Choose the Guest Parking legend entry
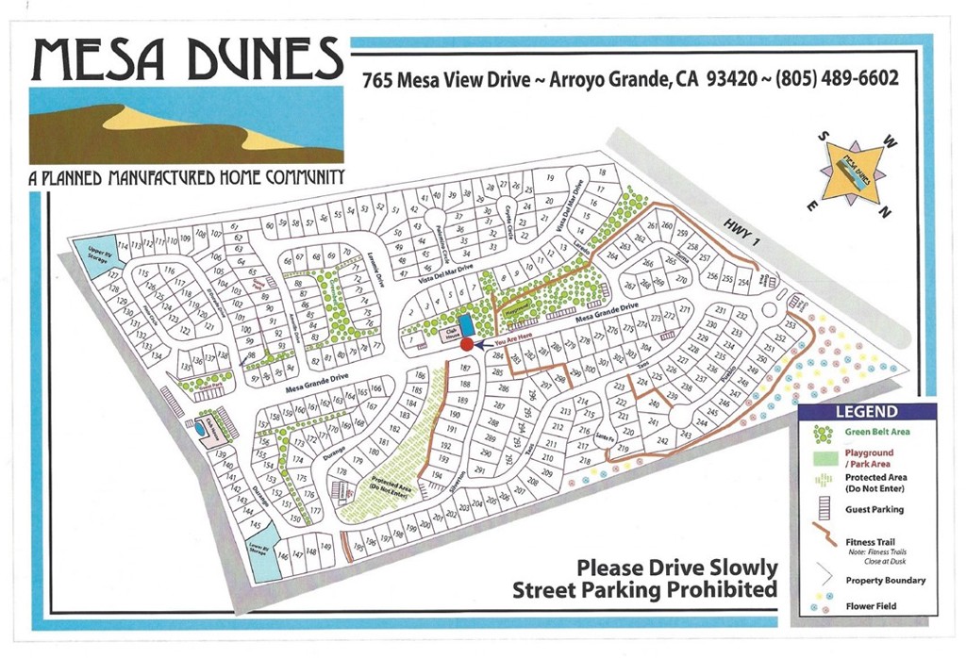coord(874,509)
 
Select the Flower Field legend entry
coord(871,606)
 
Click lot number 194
coord(435,475)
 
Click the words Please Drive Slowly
coord(677,568)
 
